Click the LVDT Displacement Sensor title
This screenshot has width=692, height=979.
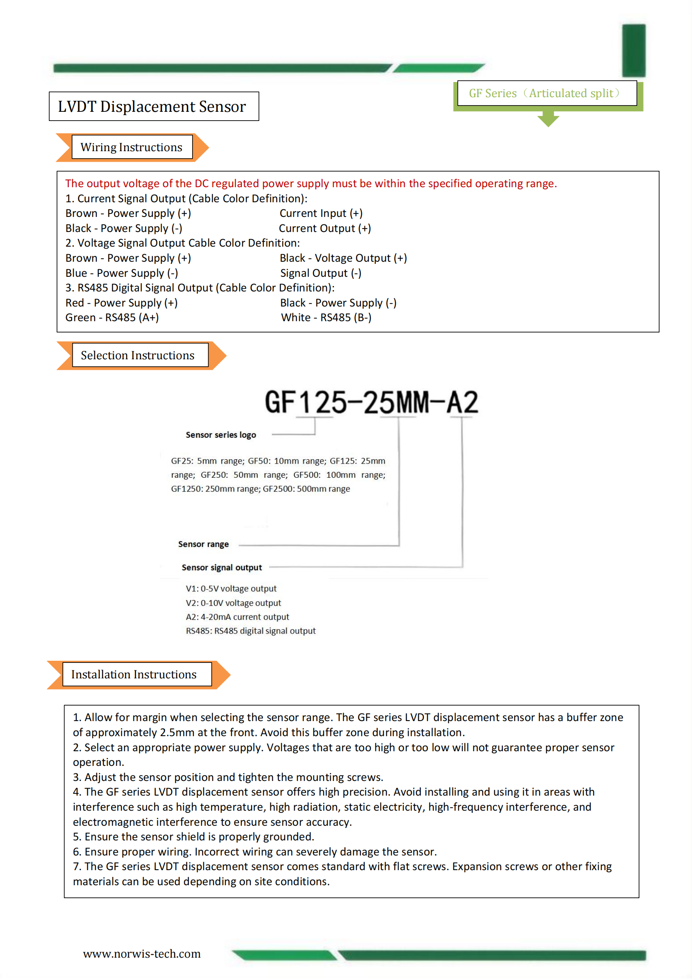(152, 107)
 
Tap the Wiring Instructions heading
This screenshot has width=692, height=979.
(131, 147)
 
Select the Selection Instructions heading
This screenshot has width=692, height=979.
(137, 355)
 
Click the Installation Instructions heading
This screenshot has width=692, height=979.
(134, 674)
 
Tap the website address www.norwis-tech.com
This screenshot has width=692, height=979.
(141, 953)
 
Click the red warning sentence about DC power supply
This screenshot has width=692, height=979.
(311, 183)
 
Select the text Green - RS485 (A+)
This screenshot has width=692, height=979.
(112, 318)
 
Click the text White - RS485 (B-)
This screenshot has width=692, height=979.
(326, 318)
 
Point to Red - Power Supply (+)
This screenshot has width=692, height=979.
(121, 303)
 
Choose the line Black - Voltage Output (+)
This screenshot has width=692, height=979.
(343, 258)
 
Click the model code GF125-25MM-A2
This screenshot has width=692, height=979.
(371, 402)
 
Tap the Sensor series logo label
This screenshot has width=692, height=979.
(221, 435)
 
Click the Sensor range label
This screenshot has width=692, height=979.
(203, 544)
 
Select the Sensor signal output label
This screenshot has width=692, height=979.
(222, 567)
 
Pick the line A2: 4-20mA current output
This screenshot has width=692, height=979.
(237, 617)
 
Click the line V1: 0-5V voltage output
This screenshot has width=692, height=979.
(231, 589)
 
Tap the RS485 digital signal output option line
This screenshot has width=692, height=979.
(251, 631)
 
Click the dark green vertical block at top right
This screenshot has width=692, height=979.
(633, 50)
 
